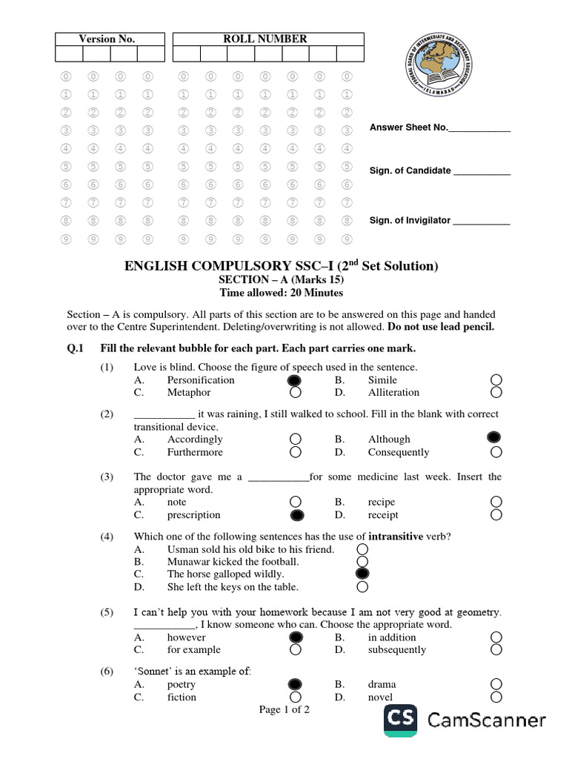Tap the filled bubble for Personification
(x=295, y=380)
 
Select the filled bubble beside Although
(x=493, y=437)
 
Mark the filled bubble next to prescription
(x=296, y=514)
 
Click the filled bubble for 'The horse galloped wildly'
(x=362, y=574)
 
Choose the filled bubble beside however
(x=296, y=637)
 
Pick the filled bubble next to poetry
(x=295, y=683)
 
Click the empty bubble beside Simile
(x=496, y=379)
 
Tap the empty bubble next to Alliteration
(x=496, y=392)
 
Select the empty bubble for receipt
(x=496, y=514)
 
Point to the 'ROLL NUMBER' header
(x=265, y=39)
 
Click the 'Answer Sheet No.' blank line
(x=480, y=128)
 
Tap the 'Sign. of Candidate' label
(x=410, y=170)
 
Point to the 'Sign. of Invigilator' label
(x=410, y=220)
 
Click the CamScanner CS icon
(x=400, y=720)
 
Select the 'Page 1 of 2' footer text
(x=284, y=709)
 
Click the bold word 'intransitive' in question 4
(x=400, y=536)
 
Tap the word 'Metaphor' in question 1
(x=189, y=392)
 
